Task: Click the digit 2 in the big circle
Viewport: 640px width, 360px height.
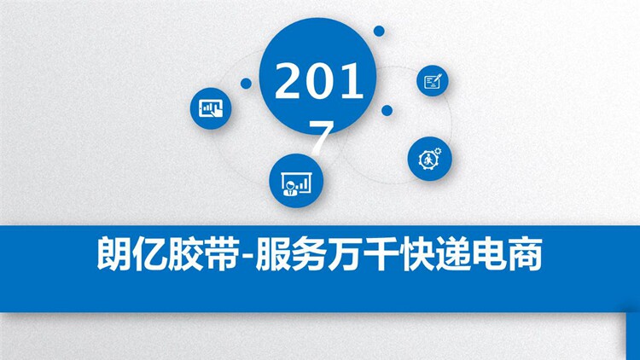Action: (289, 81)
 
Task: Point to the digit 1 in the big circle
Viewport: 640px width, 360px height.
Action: (351, 81)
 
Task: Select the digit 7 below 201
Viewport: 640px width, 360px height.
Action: (321, 136)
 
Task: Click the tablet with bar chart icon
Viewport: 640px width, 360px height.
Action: (211, 108)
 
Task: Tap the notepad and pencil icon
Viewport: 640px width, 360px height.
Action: (433, 81)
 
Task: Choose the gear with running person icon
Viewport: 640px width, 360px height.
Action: (430, 159)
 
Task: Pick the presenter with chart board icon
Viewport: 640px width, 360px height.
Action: (296, 183)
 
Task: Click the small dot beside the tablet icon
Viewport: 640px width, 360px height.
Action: (246, 84)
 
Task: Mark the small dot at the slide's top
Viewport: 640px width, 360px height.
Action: (379, 31)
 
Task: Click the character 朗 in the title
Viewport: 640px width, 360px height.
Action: (114, 254)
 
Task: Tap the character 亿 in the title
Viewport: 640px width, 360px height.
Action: (150, 254)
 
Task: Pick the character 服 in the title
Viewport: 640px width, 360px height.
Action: (273, 254)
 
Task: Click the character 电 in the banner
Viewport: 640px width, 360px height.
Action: (489, 254)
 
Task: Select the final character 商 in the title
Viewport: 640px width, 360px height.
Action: (525, 254)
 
